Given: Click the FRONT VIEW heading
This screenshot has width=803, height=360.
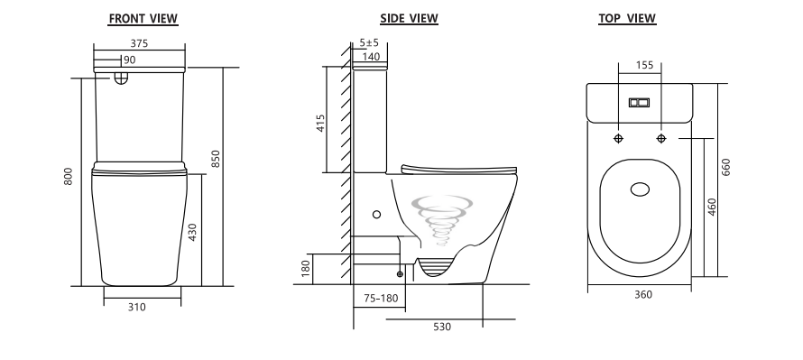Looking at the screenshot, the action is coord(143,18).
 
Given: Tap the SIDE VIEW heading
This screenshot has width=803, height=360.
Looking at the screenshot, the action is coord(410,18).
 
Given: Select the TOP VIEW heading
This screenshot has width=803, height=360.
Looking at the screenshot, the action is coord(627,18).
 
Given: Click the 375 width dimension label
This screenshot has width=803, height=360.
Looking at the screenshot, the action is coord(139,43).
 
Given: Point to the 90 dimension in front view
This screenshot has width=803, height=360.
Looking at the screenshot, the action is coord(130,60).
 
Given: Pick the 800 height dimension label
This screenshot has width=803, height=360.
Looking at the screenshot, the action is coord(69,176).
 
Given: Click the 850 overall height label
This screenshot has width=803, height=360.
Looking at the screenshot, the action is coord(216,159).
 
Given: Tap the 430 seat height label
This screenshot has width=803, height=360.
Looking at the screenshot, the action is coord(192,233).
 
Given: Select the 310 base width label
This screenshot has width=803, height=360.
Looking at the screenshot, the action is coord(137,308).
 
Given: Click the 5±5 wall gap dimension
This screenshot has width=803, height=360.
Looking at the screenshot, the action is coord(369,42).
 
